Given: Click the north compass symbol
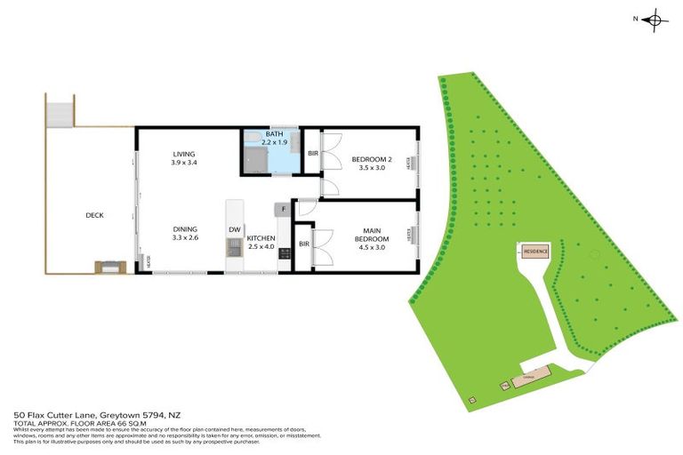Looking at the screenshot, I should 654,19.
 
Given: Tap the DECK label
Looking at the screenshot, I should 95,215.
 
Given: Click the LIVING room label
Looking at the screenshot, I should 184,154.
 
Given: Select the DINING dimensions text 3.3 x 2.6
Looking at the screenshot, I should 184,238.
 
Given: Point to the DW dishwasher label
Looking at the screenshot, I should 234,230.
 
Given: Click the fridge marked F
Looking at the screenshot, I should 282,210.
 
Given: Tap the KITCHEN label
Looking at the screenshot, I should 261,238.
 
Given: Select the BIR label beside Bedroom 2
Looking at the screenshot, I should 312,154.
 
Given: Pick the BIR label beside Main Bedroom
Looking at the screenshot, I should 304,243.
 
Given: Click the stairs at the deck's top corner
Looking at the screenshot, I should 59,113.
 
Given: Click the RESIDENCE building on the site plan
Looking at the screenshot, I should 534,251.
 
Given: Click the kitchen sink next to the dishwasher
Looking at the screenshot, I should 234,249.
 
